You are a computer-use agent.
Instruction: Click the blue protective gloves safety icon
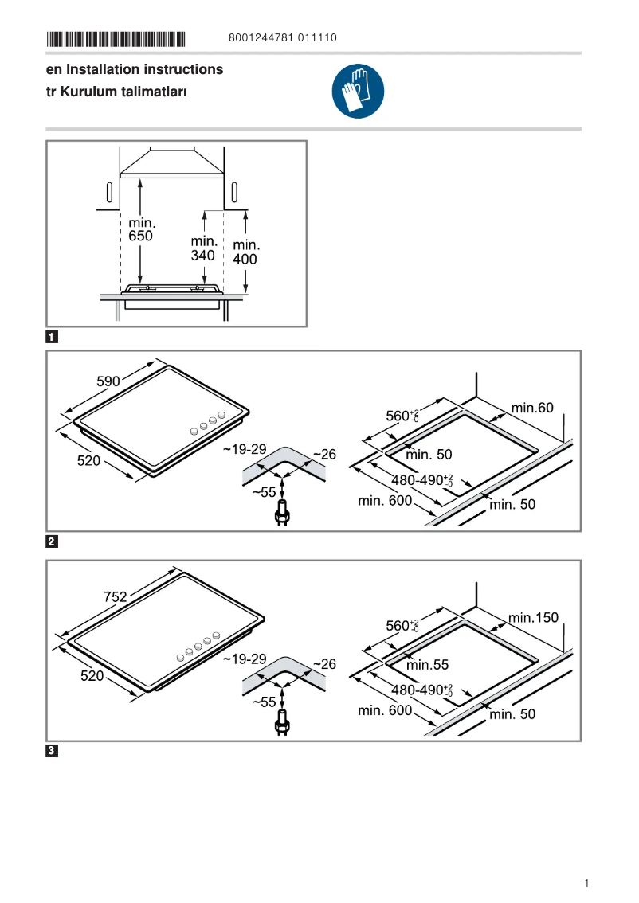[358, 92]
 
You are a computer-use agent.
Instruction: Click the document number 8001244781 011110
[283, 38]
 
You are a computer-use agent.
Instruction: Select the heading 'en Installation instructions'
[135, 69]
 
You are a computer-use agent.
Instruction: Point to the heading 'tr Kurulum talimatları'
[116, 92]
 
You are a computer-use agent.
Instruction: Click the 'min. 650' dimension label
[140, 230]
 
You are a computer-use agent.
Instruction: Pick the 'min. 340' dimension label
[204, 248]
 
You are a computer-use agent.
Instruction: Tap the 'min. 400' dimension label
[245, 252]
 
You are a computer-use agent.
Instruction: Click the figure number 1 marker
[52, 337]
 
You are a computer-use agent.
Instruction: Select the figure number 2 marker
[52, 542]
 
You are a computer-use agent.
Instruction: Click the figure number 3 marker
[52, 751]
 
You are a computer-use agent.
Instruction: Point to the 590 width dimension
[108, 381]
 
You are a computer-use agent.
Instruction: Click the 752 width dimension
[116, 596]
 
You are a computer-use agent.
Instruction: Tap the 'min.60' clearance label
[532, 408]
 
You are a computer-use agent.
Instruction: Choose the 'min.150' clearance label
[534, 617]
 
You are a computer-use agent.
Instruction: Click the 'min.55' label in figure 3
[428, 664]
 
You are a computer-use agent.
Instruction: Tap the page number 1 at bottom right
[586, 883]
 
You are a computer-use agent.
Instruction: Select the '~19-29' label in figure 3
[245, 659]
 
